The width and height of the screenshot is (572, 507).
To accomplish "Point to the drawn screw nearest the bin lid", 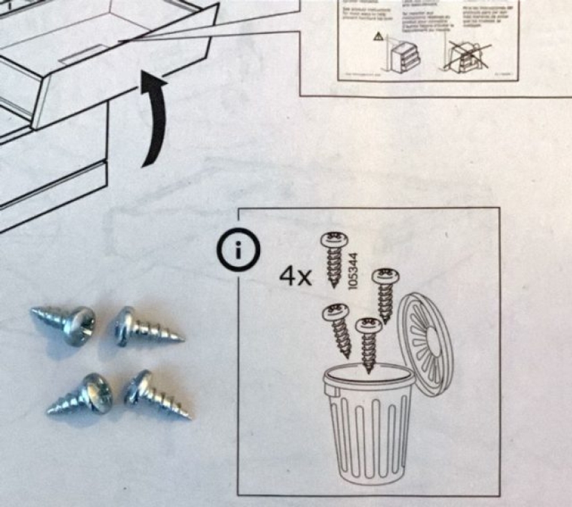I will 384,294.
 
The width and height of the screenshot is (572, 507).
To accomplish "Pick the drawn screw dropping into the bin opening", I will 367,343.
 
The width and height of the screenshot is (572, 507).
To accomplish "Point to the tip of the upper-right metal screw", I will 180,339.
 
